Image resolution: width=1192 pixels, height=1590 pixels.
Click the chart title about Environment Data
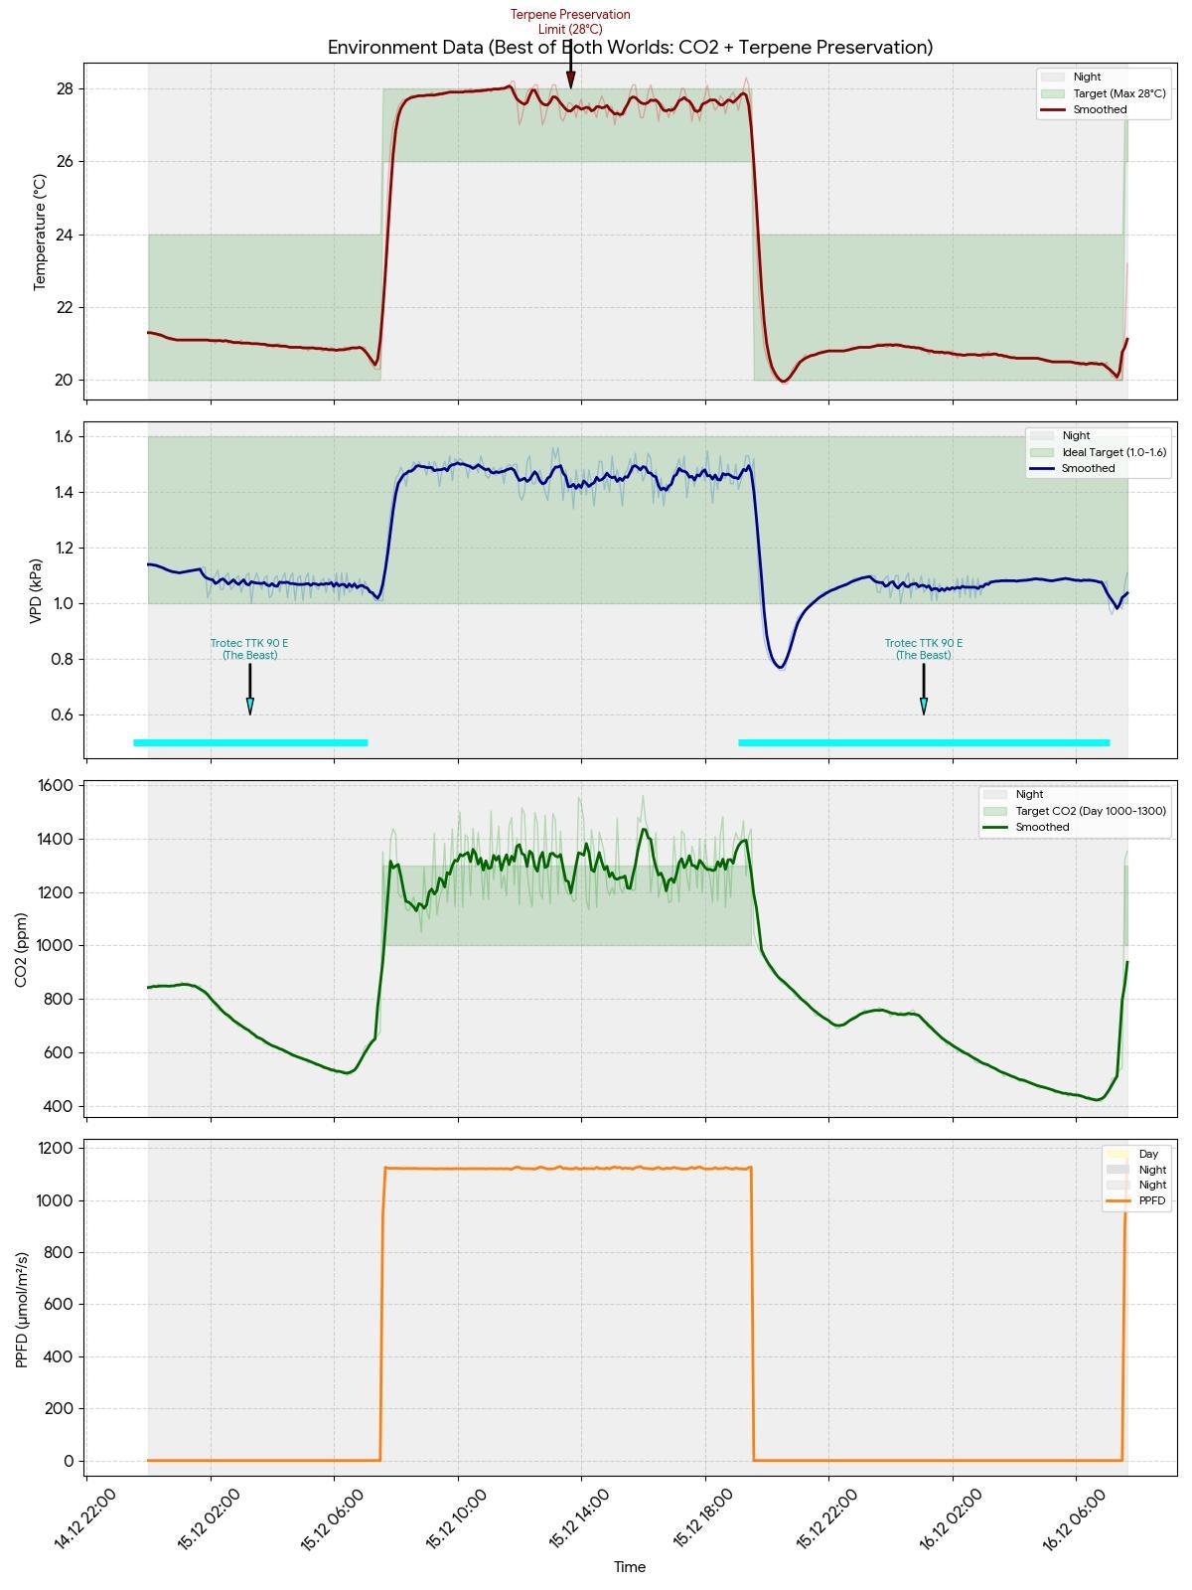click(630, 48)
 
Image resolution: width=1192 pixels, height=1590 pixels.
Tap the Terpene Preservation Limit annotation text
click(570, 21)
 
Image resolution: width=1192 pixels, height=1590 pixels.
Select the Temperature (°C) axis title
click(40, 232)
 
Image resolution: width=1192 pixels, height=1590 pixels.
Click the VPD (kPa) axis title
click(36, 590)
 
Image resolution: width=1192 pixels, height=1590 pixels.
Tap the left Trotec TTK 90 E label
click(249, 649)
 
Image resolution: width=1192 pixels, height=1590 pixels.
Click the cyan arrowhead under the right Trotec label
click(924, 706)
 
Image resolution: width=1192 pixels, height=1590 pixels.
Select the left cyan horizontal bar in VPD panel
click(250, 742)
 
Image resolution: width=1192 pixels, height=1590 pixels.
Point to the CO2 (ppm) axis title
click(21, 950)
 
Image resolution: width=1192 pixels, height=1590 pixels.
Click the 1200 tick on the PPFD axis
click(55, 1149)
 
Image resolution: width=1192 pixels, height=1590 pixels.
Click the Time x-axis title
click(630, 1567)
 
